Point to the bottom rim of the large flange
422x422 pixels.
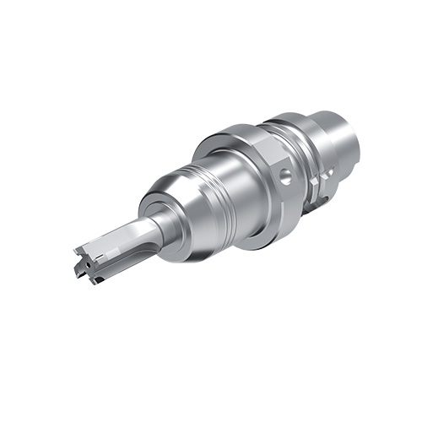257,241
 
